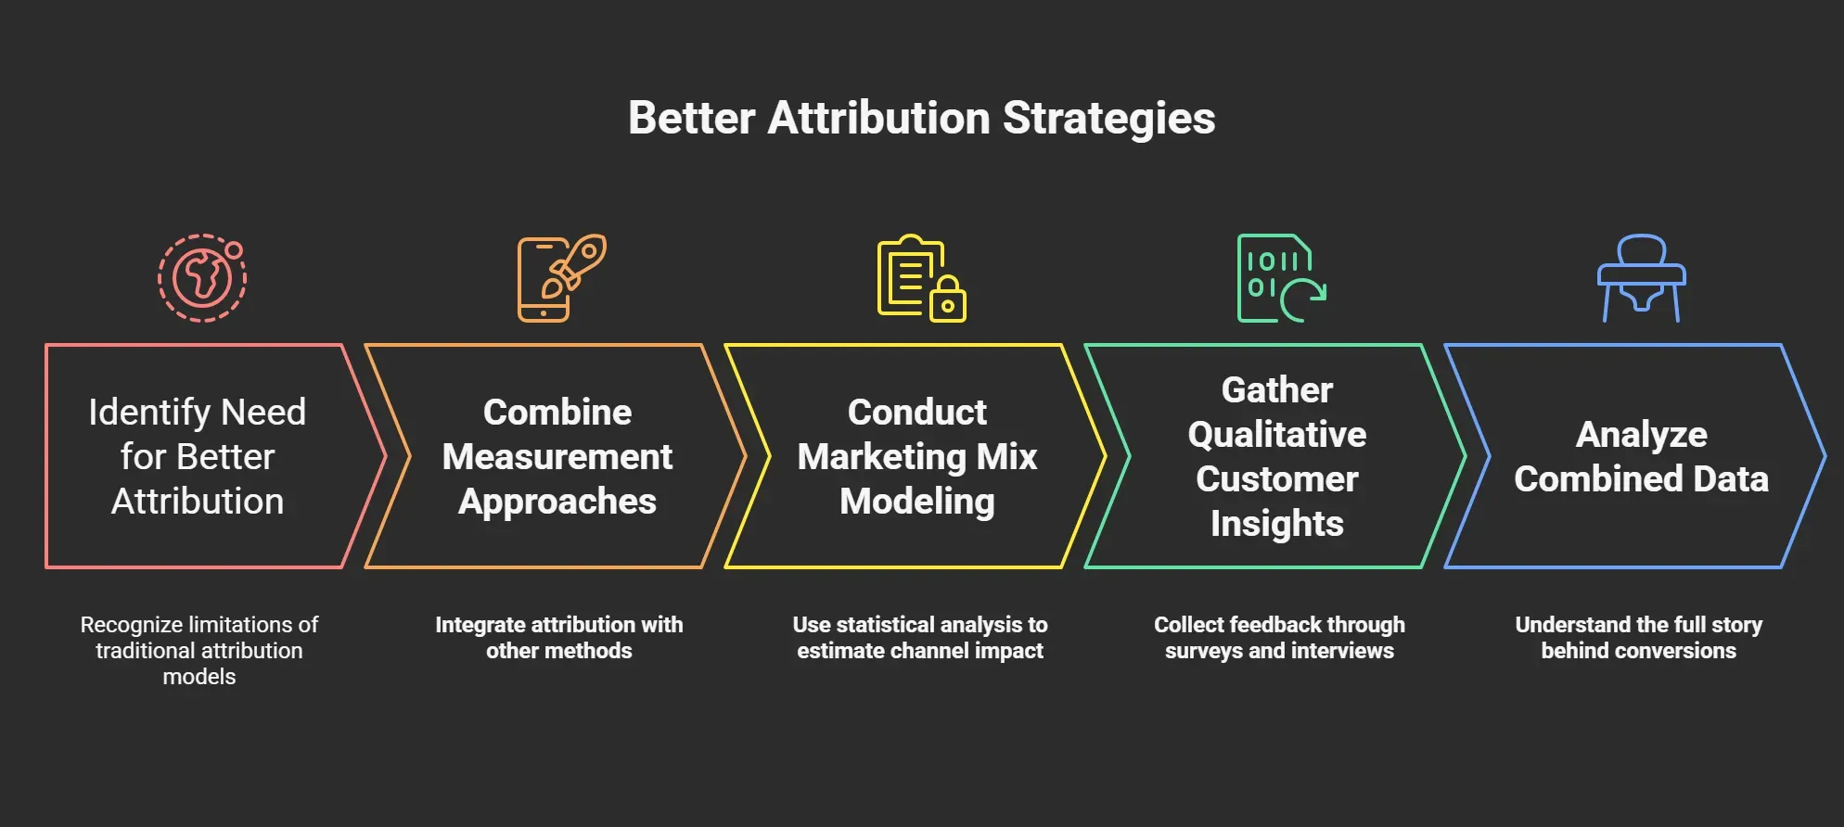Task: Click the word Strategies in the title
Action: pyautogui.click(x=1108, y=119)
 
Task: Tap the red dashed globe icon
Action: pyautogui.click(x=201, y=278)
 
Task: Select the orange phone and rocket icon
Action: pyautogui.click(x=561, y=278)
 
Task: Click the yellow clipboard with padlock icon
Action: pyautogui.click(x=921, y=278)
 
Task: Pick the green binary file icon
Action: pyautogui.click(x=1281, y=278)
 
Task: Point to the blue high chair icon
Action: pyautogui.click(x=1641, y=278)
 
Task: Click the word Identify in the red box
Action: pyautogui.click(x=148, y=413)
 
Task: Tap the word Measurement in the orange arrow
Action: pyautogui.click(x=557, y=457)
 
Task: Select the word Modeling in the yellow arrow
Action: pyautogui.click(x=917, y=502)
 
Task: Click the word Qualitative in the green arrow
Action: pyautogui.click(x=1277, y=435)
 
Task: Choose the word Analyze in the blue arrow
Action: pyautogui.click(x=1641, y=435)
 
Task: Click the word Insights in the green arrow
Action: pyautogui.click(x=1277, y=524)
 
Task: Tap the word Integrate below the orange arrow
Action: pyautogui.click(x=480, y=625)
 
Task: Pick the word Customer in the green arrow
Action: pyautogui.click(x=1277, y=479)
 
